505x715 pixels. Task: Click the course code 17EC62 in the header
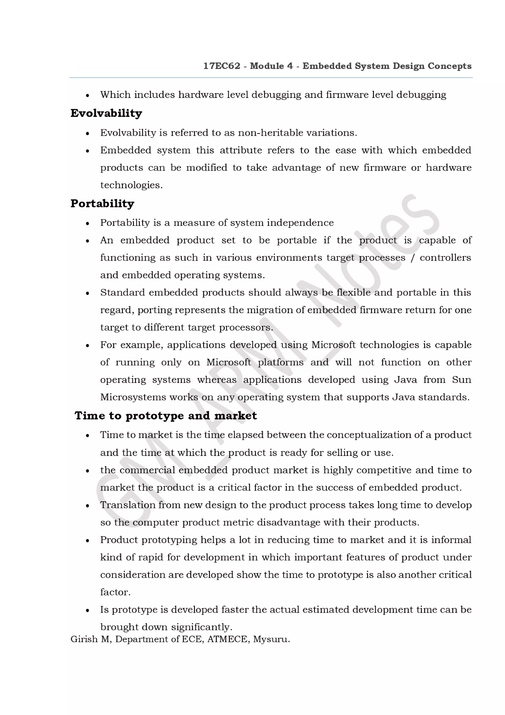click(221, 66)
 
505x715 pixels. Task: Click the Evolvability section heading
click(106, 113)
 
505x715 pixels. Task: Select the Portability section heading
click(102, 203)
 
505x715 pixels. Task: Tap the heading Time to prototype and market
click(165, 415)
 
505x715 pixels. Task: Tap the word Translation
click(127, 505)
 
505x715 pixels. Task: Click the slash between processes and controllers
click(413, 258)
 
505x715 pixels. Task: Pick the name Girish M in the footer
click(91, 639)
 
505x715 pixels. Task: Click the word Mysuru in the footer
click(271, 639)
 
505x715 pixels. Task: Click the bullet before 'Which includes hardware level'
click(88, 95)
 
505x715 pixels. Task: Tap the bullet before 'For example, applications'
click(88, 346)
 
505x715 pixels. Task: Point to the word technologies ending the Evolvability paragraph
click(131, 185)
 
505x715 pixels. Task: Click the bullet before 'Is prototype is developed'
click(88, 610)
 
